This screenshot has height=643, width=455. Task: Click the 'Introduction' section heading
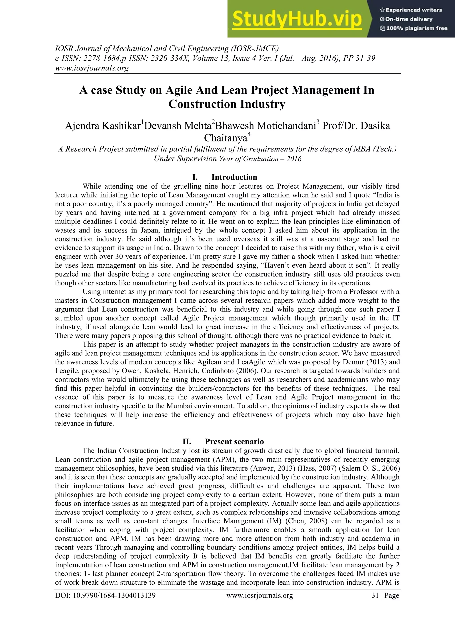[234, 177]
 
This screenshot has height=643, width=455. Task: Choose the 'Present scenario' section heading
[234, 442]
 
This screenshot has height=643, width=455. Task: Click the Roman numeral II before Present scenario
[187, 442]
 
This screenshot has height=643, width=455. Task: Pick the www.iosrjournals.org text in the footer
[259, 595]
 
